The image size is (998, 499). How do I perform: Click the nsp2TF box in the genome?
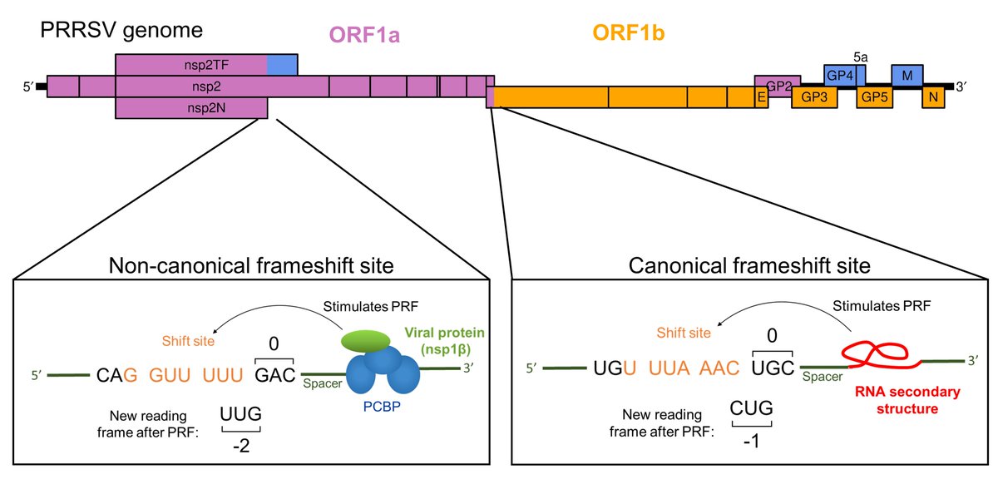click(191, 65)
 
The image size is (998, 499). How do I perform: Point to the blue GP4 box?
click(842, 75)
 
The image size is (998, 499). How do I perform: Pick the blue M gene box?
click(907, 75)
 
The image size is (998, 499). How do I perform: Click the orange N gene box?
click(933, 96)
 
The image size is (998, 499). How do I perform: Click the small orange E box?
click(760, 96)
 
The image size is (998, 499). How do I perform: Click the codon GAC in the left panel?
click(275, 376)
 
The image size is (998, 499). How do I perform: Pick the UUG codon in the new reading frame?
click(240, 413)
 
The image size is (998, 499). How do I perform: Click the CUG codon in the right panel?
click(752, 408)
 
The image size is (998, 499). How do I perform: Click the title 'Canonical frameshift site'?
click(748, 266)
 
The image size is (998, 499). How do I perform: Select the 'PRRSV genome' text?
click(122, 32)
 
